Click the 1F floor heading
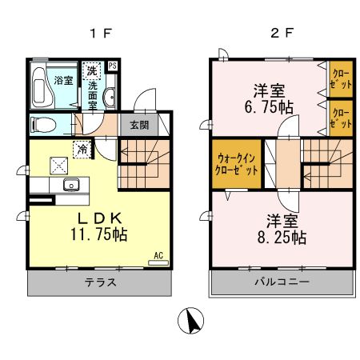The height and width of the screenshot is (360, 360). coord(105,35)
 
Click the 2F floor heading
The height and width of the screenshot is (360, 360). coord(275,35)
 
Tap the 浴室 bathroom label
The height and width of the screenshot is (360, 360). coord(62,80)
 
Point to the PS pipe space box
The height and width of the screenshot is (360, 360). coord(113,66)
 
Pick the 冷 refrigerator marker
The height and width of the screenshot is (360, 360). coord(82,148)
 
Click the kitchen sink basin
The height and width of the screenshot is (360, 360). coord(72,186)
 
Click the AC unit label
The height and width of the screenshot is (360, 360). coord(158,256)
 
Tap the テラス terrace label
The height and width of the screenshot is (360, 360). coord(102,282)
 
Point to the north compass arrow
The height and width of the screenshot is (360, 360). coord(192,322)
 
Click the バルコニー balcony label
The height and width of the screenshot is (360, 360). coord(282,282)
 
